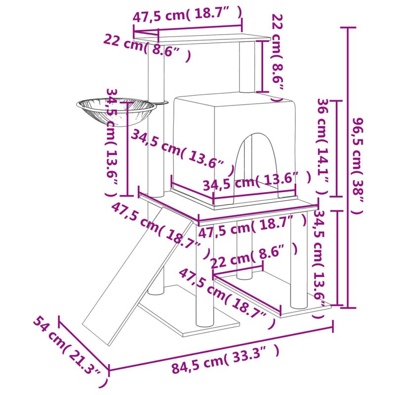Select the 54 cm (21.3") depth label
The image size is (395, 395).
[71, 354]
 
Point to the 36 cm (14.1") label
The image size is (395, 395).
[322, 147]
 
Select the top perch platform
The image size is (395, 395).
[202, 39]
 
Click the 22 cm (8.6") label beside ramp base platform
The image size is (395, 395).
[254, 255]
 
